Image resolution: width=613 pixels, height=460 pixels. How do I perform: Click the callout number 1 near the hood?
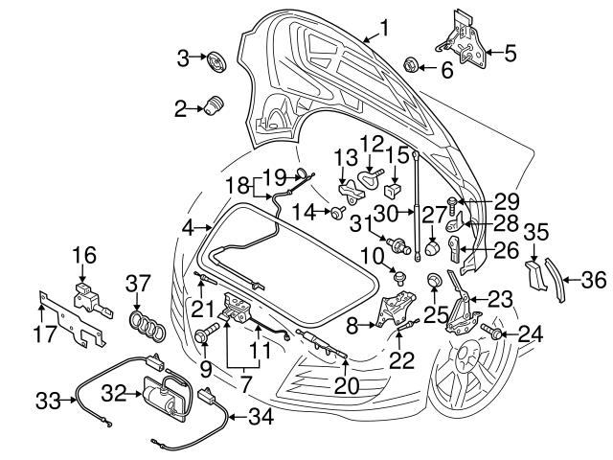[x=384, y=28]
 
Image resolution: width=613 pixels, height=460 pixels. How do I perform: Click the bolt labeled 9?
[x=205, y=336]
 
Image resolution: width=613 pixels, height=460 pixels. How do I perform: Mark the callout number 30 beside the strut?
[x=385, y=212]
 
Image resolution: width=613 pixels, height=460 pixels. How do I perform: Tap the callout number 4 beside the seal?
[x=188, y=228]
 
